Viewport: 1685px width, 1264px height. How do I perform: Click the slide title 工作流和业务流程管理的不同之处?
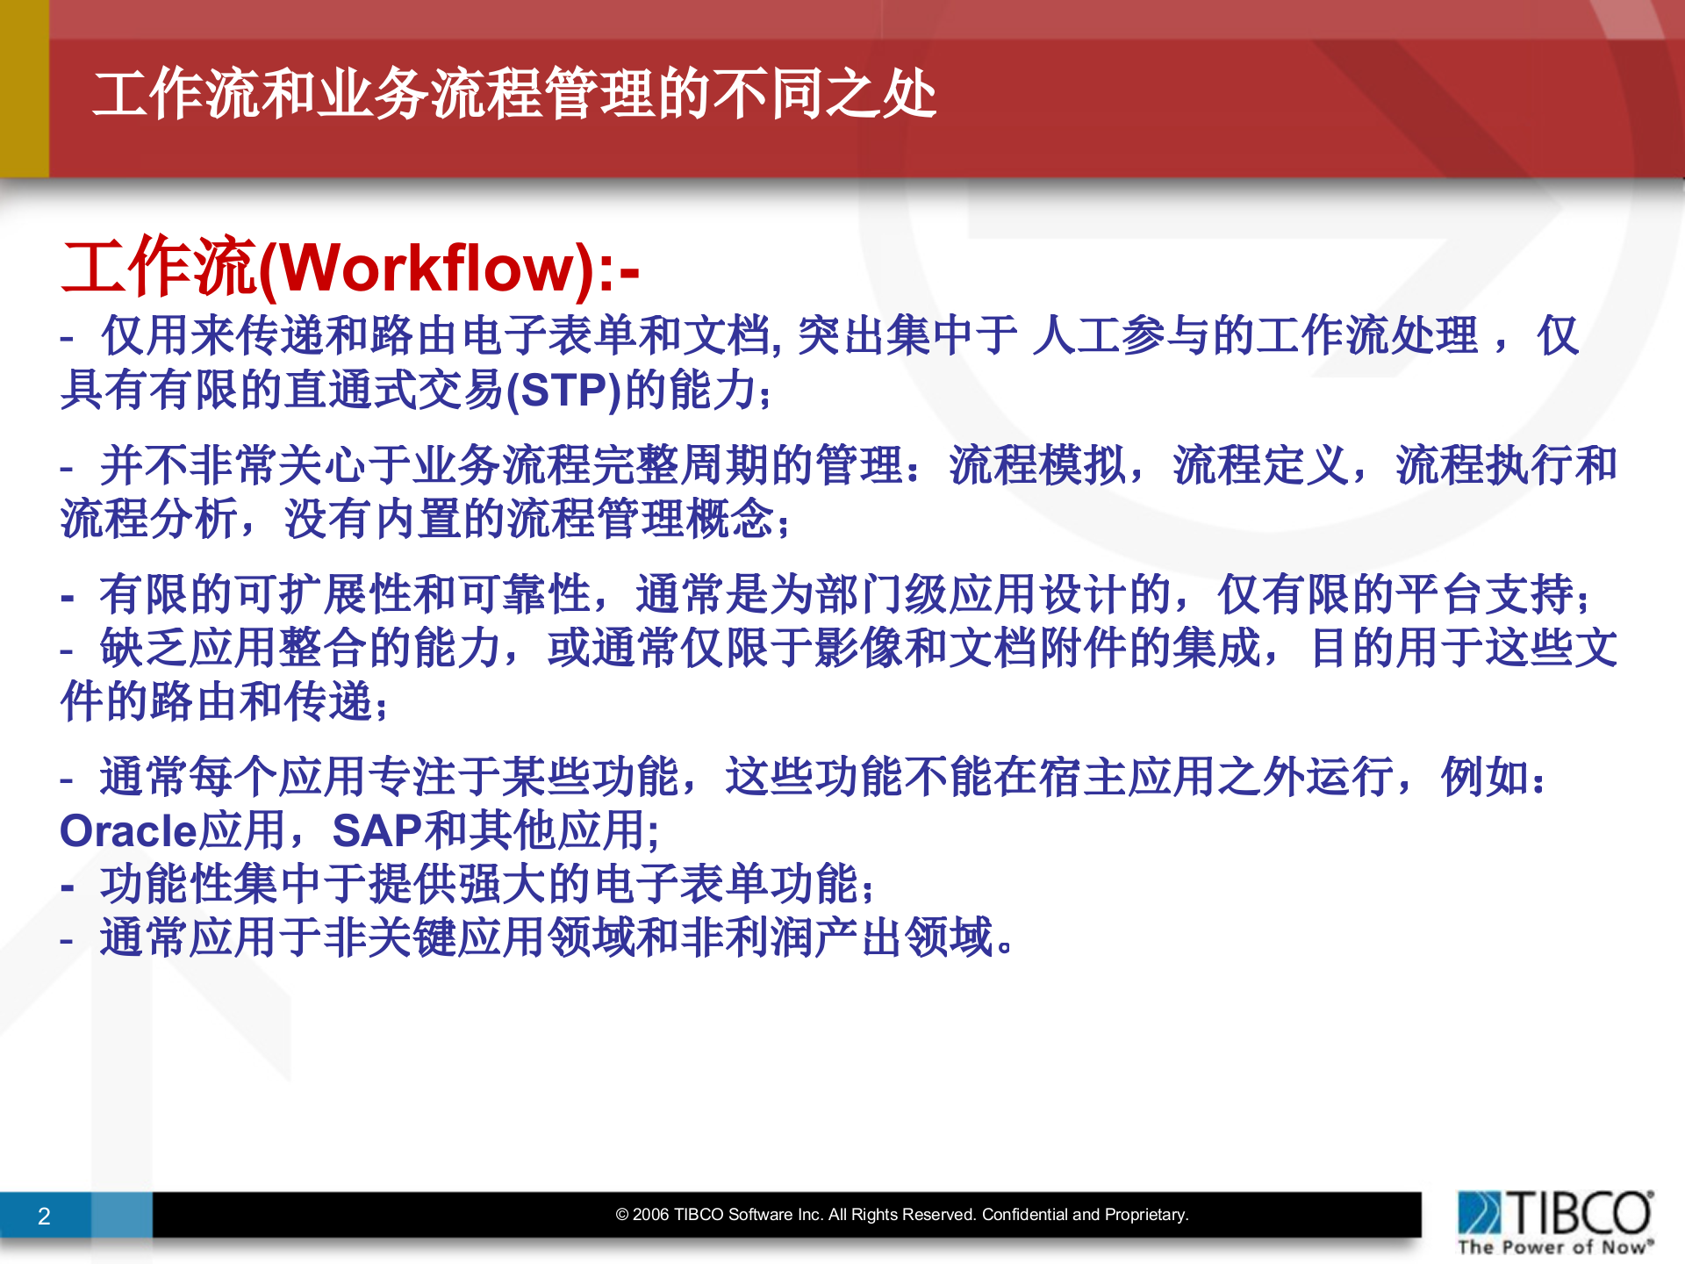(x=514, y=94)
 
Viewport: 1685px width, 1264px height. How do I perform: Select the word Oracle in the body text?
(x=127, y=830)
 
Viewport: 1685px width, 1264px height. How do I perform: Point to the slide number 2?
(x=44, y=1216)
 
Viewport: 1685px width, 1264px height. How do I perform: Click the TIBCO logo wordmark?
(x=1581, y=1213)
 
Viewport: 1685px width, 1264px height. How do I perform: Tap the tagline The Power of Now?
(x=1554, y=1247)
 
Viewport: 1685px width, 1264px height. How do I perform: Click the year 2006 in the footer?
(x=651, y=1215)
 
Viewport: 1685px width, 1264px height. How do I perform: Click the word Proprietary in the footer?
(x=1144, y=1215)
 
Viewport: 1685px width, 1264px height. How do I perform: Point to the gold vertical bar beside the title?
(x=24, y=88)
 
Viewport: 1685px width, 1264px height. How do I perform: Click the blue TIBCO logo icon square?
(x=1480, y=1212)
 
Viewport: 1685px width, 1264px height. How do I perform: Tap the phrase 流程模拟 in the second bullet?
(x=1037, y=465)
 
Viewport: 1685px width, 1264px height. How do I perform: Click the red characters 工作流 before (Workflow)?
(x=159, y=267)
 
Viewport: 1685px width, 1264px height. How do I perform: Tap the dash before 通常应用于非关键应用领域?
(x=67, y=940)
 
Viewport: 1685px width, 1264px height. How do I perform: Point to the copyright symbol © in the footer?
(x=622, y=1215)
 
